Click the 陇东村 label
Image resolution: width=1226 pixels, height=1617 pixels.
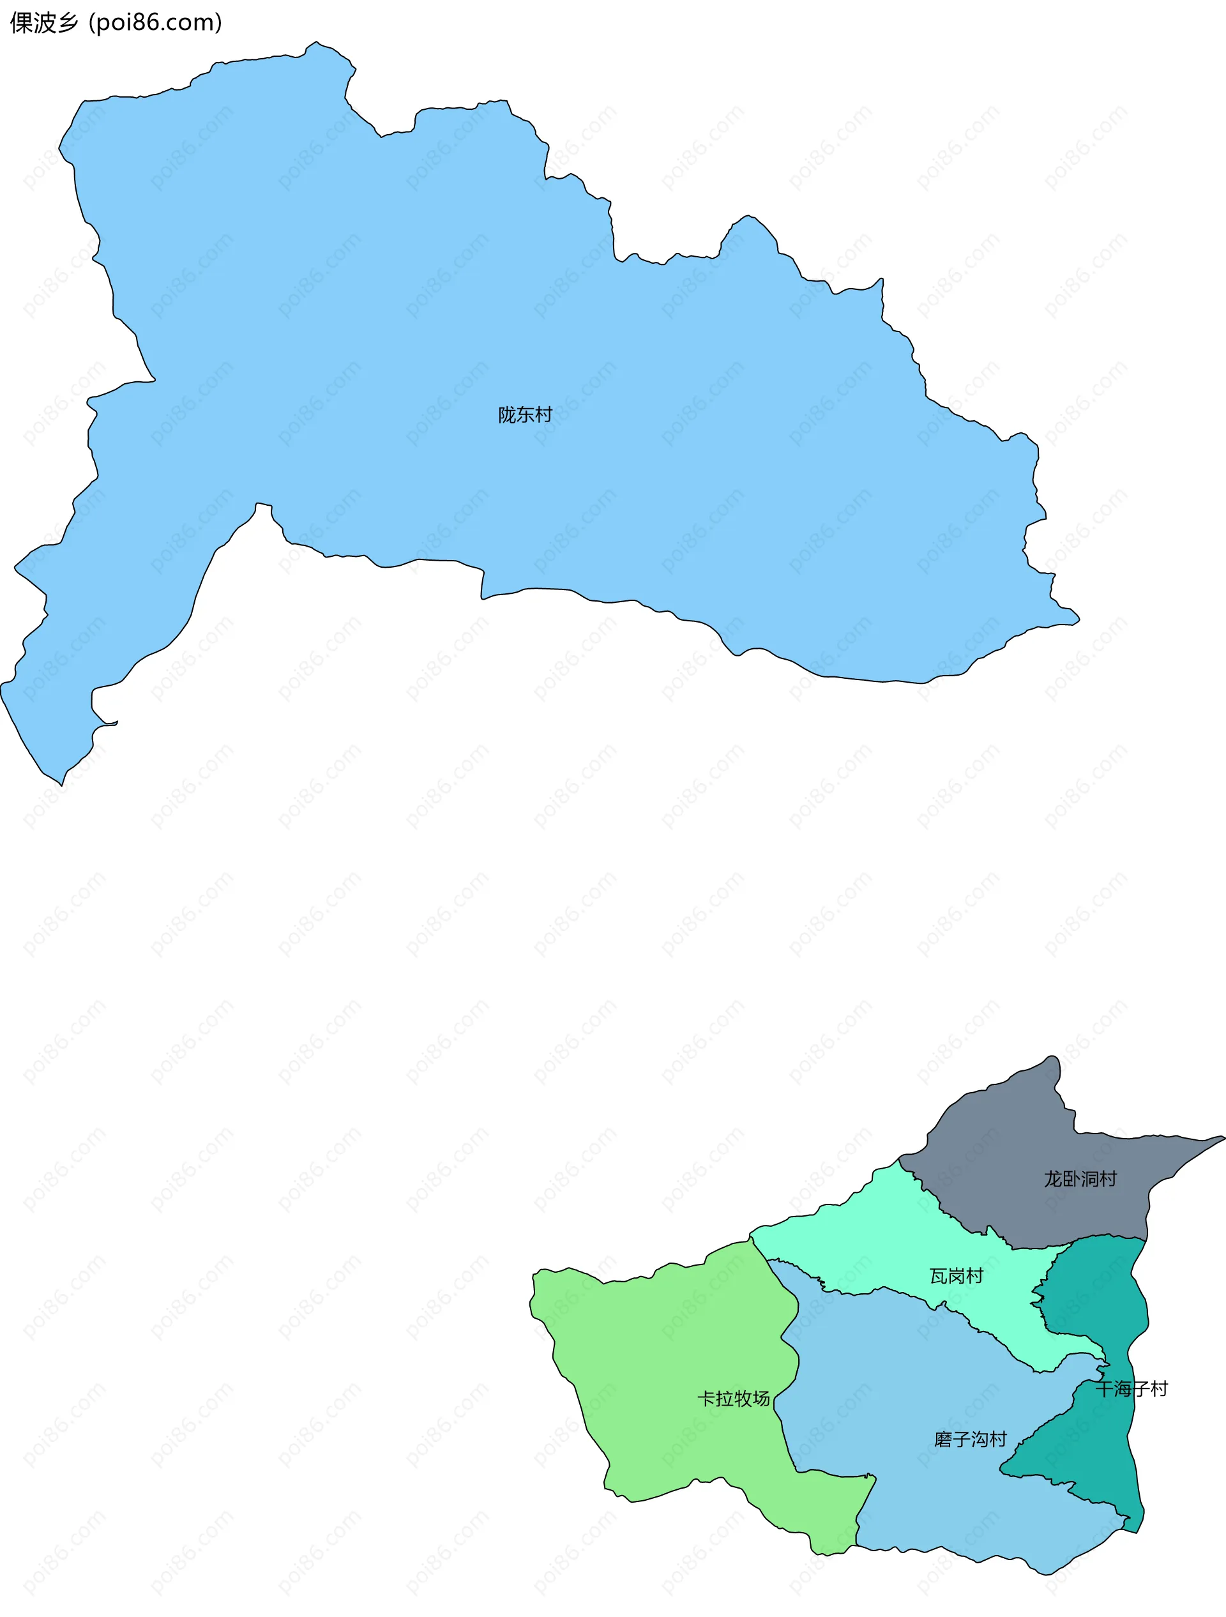click(x=525, y=415)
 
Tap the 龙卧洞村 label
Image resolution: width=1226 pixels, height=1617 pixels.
click(x=1080, y=1179)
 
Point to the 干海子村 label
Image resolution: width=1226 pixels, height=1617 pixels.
click(x=1131, y=1389)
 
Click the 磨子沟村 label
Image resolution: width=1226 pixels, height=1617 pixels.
click(x=970, y=1439)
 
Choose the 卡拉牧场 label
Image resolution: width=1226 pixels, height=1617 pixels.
click(x=733, y=1399)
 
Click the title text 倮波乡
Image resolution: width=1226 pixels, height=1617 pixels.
click(x=44, y=24)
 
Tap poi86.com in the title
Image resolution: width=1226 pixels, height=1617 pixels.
click(x=155, y=24)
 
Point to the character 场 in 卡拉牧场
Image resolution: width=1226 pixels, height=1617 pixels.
click(x=761, y=1399)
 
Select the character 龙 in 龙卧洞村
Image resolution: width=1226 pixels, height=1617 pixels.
click(x=1053, y=1179)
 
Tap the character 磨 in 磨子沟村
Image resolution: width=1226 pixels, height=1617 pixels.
click(x=943, y=1439)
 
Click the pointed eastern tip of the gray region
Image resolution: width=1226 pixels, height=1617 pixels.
click(x=1222, y=1137)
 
